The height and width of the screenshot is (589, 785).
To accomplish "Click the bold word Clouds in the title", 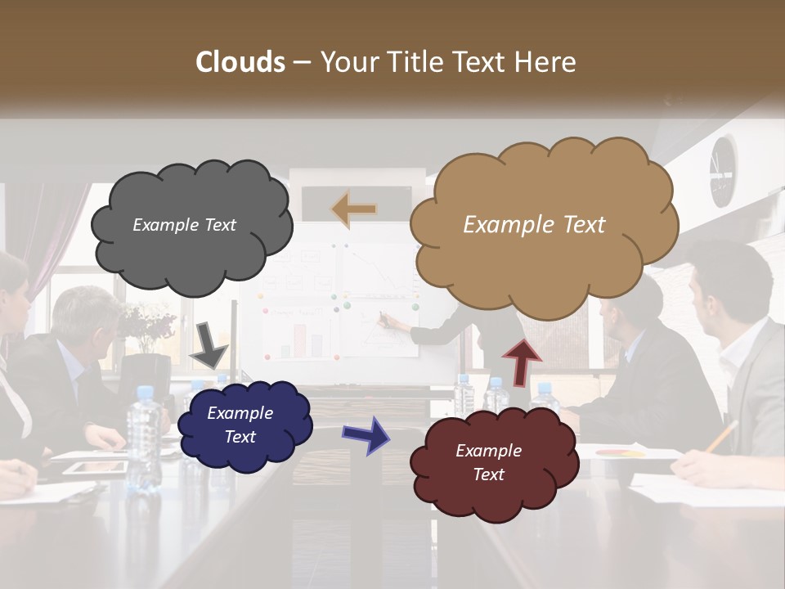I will pyautogui.click(x=240, y=62).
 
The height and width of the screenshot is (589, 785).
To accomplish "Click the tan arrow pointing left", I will pyautogui.click(x=354, y=209).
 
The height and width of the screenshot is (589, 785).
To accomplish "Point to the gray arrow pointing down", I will pyautogui.click(x=209, y=344).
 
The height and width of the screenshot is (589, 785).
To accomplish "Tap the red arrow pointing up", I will pyautogui.click(x=521, y=360).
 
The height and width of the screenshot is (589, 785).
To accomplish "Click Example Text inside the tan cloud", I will pyautogui.click(x=534, y=225).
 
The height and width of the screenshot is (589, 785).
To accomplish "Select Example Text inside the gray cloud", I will pyautogui.click(x=184, y=225).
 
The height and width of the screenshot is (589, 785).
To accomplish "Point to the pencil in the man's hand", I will pyautogui.click(x=721, y=437).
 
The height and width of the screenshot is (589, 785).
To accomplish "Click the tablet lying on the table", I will pyautogui.click(x=96, y=468).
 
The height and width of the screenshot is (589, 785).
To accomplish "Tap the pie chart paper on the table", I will pyautogui.click(x=621, y=452).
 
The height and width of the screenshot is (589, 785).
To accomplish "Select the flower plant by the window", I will pyautogui.click(x=149, y=324).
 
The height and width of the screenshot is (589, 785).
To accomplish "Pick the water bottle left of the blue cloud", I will pyautogui.click(x=143, y=434).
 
